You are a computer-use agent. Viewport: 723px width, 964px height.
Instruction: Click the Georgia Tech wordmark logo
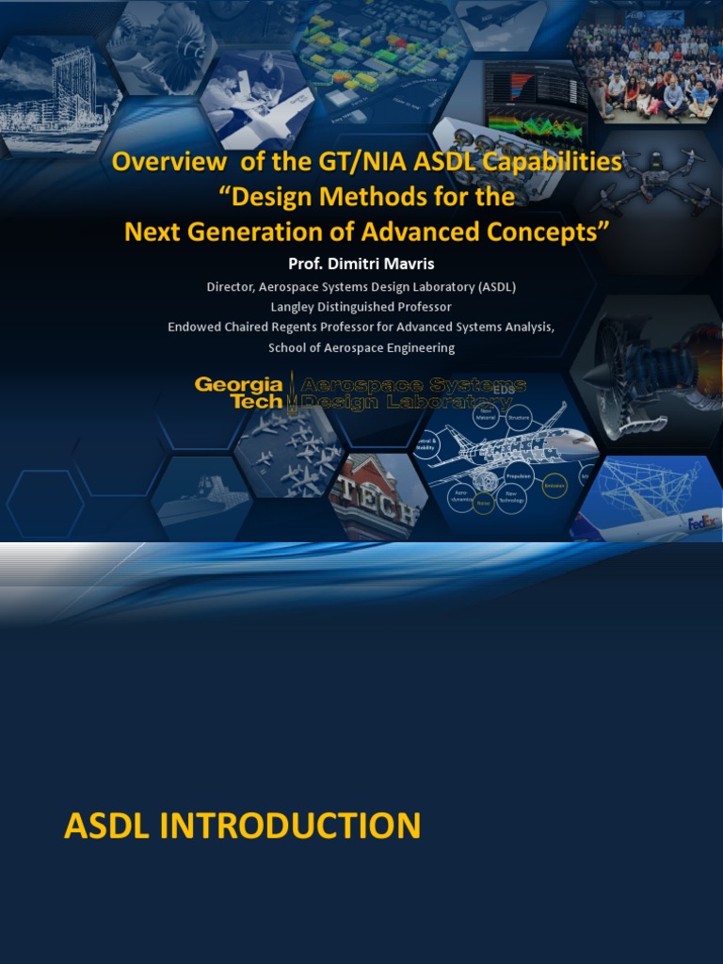coord(239,393)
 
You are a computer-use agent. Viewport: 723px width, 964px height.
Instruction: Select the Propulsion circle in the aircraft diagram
coord(519,476)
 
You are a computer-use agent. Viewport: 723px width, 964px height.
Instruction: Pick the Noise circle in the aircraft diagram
coord(484,505)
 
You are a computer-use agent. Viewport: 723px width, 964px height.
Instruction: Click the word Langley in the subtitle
coord(294,307)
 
